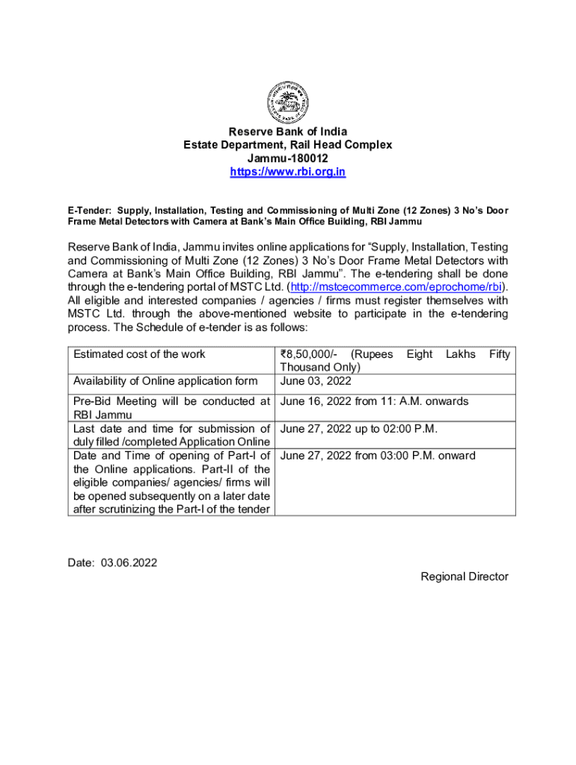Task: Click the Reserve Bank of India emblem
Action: (287, 102)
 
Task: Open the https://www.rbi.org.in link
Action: (287, 172)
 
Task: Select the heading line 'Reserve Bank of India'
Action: (287, 131)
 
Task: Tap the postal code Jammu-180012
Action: (287, 158)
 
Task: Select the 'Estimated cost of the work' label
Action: (139, 354)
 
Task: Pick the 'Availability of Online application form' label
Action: (165, 381)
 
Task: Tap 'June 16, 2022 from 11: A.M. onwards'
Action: (374, 401)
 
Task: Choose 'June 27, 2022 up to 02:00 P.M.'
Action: (358, 429)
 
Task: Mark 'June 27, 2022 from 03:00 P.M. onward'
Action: (377, 456)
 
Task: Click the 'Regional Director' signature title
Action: (464, 576)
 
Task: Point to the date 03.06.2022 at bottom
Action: (128, 563)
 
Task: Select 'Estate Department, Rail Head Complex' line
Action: (287, 145)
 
